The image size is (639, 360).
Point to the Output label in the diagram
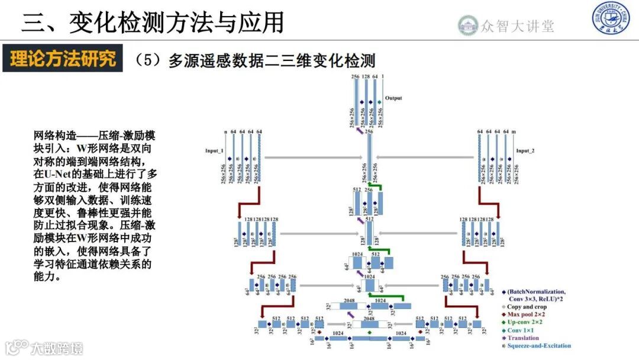click(393, 98)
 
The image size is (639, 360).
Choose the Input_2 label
click(525, 151)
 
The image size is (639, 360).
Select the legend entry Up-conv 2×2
click(530, 322)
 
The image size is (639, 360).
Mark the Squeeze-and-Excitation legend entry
click(538, 346)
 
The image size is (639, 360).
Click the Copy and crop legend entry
click(531, 306)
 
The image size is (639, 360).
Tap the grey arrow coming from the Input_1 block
click(314, 157)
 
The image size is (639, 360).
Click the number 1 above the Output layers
click(383, 77)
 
